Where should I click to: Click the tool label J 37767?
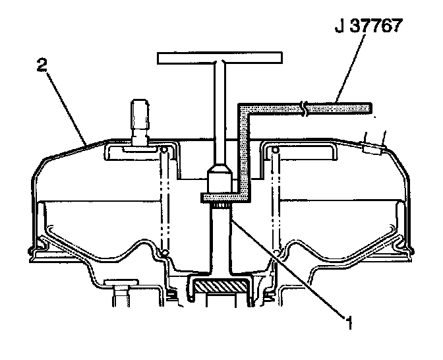pyautogui.click(x=368, y=26)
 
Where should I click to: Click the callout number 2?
pyautogui.click(x=42, y=65)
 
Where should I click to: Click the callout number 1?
pyautogui.click(x=350, y=322)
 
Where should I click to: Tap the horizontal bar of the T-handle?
pyautogui.click(x=220, y=58)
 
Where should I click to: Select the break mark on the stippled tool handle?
pyautogui.click(x=304, y=108)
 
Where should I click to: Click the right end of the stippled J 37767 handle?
pyautogui.click(x=370, y=108)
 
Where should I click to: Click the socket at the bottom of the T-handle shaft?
pyautogui.click(x=220, y=179)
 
